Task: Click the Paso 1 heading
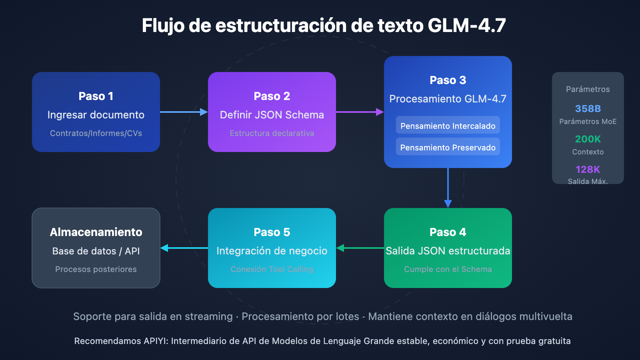(96, 96)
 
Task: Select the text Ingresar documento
(96, 115)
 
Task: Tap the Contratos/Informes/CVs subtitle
(96, 133)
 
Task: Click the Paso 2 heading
(272, 96)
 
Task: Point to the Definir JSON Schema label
(272, 115)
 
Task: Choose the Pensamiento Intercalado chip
(448, 126)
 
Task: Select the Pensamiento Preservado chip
(448, 147)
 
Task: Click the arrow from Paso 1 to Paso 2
(184, 112)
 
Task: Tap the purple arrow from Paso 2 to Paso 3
(360, 112)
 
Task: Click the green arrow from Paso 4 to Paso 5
(360, 248)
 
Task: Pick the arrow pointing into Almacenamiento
(184, 248)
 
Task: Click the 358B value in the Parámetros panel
(588, 109)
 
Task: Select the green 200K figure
(588, 139)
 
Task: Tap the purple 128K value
(588, 170)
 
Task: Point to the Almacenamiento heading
(96, 232)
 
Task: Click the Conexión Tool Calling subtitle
(272, 269)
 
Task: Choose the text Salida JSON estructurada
(448, 251)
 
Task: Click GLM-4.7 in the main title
(466, 26)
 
